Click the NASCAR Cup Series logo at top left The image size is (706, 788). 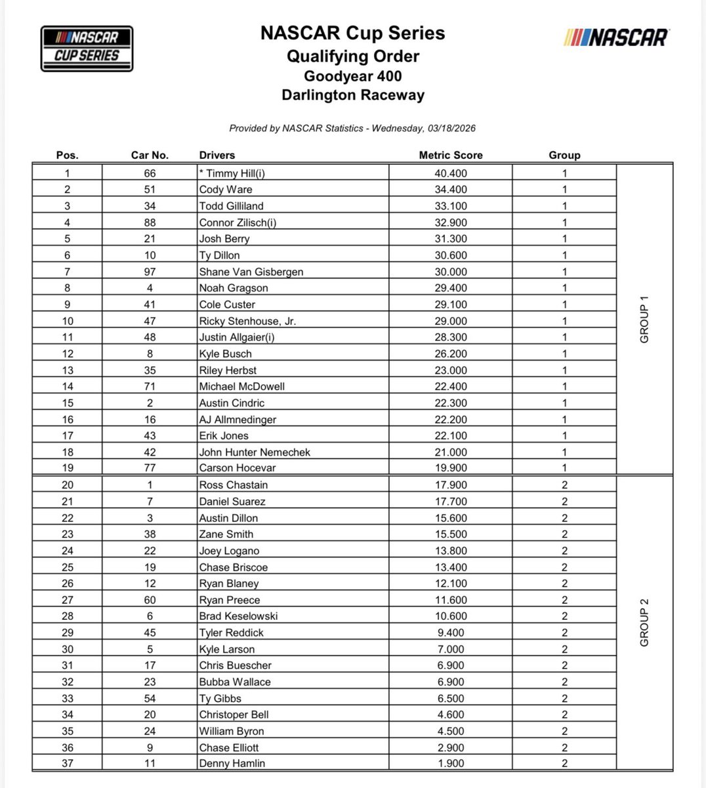point(87,48)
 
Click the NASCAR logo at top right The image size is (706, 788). point(615,37)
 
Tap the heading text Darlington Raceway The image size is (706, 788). point(353,95)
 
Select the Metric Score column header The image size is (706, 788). point(451,155)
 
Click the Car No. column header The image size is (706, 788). point(150,155)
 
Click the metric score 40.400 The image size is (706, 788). point(451,173)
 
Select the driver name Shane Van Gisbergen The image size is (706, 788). point(251,272)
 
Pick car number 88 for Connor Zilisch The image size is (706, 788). point(150,223)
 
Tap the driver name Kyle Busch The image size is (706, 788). point(225,354)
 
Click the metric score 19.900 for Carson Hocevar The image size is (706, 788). point(451,468)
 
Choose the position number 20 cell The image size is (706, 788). point(68,485)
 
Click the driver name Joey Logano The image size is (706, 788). point(229,551)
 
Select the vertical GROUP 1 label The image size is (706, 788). point(644,320)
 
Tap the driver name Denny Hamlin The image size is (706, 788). point(232,764)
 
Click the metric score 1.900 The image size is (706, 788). point(451,764)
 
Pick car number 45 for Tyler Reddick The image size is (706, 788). point(150,633)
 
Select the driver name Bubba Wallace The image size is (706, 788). point(234,682)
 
